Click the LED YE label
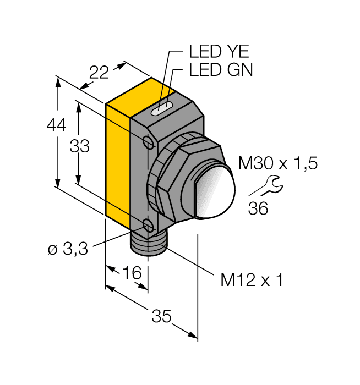click(219, 52)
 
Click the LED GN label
click(220, 70)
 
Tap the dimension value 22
click(99, 73)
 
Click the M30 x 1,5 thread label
click(278, 163)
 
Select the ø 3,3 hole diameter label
click(68, 249)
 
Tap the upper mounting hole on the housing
click(148, 142)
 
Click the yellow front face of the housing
click(117, 165)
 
